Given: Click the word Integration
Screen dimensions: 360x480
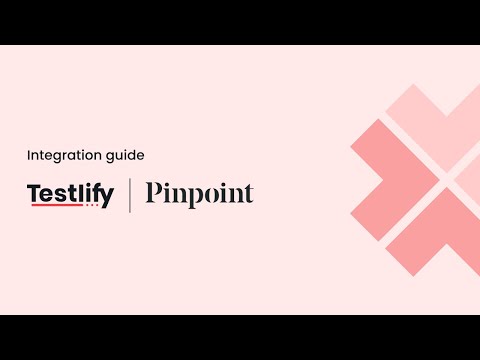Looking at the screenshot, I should (58, 155).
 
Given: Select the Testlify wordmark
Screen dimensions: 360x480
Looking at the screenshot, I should (70, 193).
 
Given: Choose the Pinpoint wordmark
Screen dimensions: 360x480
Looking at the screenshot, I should (199, 193).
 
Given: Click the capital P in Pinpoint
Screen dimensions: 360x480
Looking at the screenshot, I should (154, 193).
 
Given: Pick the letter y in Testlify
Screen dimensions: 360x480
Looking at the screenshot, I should (107, 196).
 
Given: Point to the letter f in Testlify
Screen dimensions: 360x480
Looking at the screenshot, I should (96, 192).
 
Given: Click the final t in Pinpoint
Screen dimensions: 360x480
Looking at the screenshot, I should (248, 194).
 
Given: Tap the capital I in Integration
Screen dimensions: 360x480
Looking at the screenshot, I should (28, 155).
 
